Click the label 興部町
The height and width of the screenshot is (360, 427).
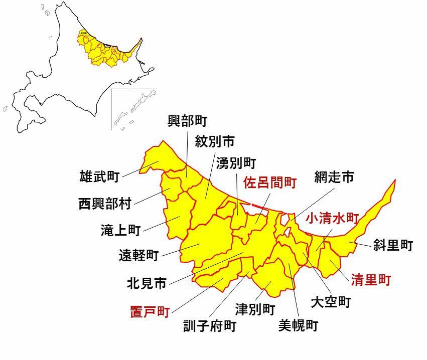(x=187, y=120)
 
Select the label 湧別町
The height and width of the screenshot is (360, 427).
(x=236, y=163)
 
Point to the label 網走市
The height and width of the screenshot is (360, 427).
(x=334, y=176)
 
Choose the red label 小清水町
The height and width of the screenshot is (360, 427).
(x=332, y=218)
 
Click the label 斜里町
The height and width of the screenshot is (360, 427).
(x=393, y=245)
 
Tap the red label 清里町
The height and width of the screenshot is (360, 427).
(x=370, y=280)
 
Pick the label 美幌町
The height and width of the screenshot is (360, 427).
(x=298, y=326)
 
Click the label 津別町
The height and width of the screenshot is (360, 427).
(x=255, y=308)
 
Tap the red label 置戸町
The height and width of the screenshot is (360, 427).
(x=150, y=311)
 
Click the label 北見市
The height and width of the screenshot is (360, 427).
(x=147, y=284)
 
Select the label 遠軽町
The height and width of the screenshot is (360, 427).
(x=138, y=256)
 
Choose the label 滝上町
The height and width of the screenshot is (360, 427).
(x=120, y=230)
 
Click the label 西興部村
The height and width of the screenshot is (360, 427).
(x=105, y=204)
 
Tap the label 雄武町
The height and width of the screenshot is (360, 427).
(x=99, y=176)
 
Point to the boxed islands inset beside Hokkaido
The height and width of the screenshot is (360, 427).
(x=133, y=109)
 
